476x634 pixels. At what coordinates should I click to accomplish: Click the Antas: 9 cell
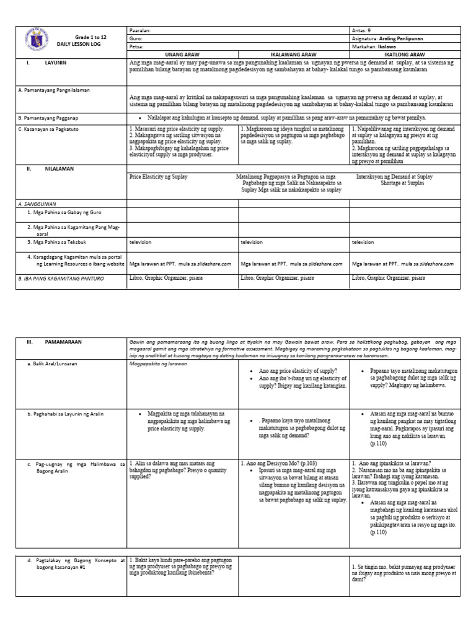(x=363, y=30)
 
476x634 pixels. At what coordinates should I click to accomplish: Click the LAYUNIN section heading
(x=56, y=63)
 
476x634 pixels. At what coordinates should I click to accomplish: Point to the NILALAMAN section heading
(x=59, y=167)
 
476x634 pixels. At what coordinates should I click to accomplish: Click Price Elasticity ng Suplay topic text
(x=158, y=177)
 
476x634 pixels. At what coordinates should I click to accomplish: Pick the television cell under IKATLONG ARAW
(x=364, y=242)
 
